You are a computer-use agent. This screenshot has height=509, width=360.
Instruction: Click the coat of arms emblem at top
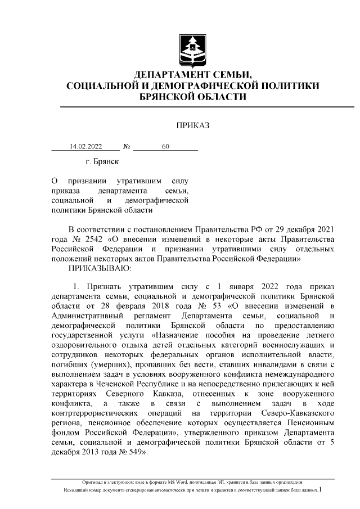point(192,50)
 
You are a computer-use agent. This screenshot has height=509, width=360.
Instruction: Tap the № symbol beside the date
point(127,147)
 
